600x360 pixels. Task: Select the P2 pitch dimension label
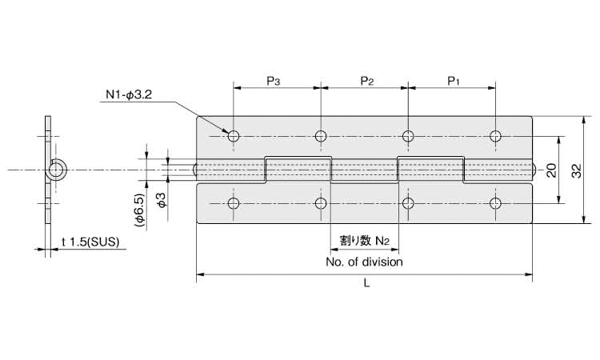point(366,81)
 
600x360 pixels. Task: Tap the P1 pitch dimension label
point(453,81)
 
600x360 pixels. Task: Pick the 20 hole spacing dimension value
point(551,170)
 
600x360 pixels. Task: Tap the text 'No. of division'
point(365,262)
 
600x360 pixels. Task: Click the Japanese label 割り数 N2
point(364,239)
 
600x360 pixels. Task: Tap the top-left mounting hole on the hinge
point(234,136)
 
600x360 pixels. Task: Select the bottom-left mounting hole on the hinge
point(234,203)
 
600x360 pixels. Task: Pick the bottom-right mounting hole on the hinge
point(496,203)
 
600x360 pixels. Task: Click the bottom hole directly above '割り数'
point(322,203)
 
